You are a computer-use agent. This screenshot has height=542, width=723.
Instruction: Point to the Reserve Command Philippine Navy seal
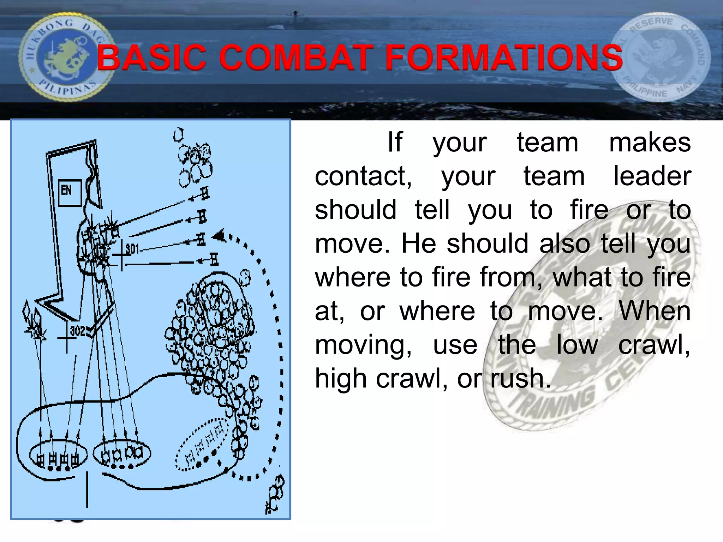click(661, 58)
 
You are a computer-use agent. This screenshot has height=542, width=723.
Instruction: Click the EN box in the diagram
click(70, 192)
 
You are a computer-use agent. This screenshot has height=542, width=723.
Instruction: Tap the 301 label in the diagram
click(132, 249)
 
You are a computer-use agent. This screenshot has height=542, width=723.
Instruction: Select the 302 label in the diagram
click(78, 331)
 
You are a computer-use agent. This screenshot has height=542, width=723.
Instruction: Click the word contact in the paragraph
click(363, 176)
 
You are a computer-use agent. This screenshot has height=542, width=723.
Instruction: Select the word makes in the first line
click(650, 143)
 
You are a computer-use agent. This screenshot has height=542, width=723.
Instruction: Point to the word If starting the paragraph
click(395, 143)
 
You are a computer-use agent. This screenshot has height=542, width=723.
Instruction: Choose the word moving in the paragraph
click(363, 345)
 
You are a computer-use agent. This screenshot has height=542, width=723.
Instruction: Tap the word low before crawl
click(577, 345)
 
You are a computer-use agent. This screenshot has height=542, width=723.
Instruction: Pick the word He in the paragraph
click(419, 243)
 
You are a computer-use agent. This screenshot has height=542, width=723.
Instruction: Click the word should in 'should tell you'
click(355, 210)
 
